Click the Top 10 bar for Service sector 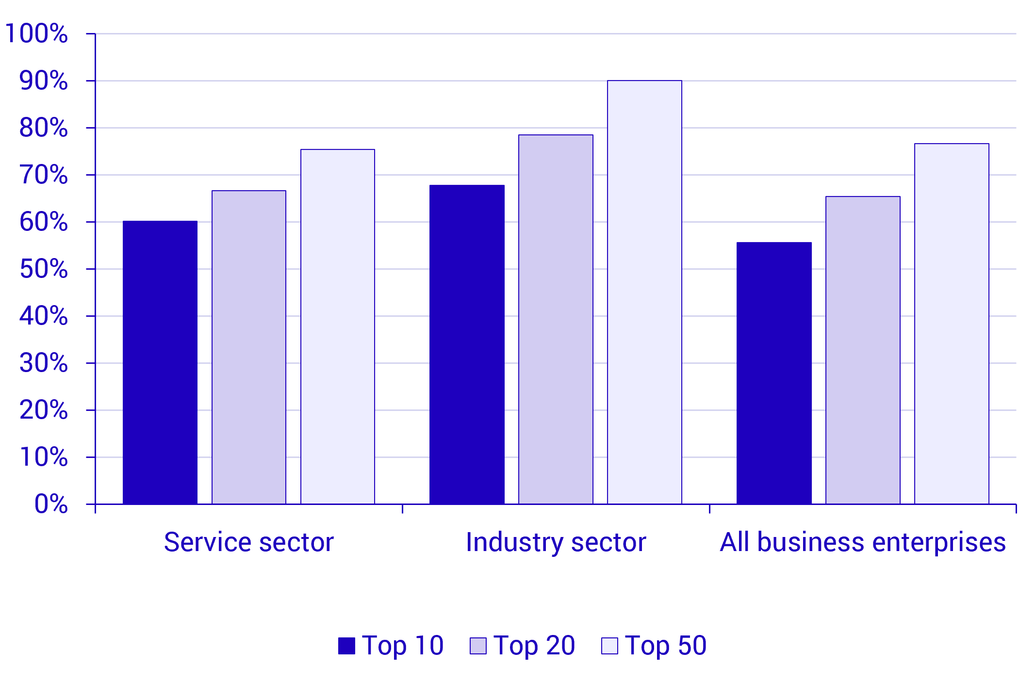(160, 362)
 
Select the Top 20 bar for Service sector (249, 347)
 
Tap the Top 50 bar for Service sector (338, 326)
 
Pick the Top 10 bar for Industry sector (467, 344)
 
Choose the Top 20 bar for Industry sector (556, 319)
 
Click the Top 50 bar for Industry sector (644, 292)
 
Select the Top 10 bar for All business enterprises (774, 373)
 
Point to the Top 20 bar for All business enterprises (863, 350)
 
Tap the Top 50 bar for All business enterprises (952, 324)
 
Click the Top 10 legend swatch (346, 646)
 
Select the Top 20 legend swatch (478, 646)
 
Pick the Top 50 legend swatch (609, 646)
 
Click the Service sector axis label (249, 542)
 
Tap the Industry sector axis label (556, 542)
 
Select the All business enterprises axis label (863, 542)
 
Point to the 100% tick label (36, 33)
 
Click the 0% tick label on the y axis (51, 504)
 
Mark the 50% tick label (44, 269)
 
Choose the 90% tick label (44, 81)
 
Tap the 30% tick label (44, 363)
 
